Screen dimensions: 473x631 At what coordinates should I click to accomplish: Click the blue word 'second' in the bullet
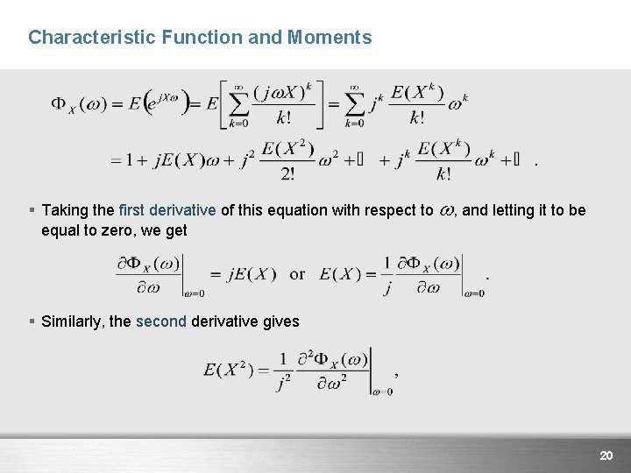pyautogui.click(x=160, y=321)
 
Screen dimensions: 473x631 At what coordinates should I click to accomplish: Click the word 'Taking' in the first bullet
pyautogui.click(x=65, y=210)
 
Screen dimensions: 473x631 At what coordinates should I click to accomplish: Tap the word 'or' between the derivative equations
pyautogui.click(x=297, y=274)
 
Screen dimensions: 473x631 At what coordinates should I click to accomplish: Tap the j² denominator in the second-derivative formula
pyautogui.click(x=283, y=382)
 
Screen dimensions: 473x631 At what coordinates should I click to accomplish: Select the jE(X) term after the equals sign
pyautogui.click(x=251, y=274)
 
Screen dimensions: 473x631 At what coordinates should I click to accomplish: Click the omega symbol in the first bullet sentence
pyautogui.click(x=445, y=211)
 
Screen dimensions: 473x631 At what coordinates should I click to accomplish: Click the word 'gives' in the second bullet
pyautogui.click(x=280, y=321)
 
